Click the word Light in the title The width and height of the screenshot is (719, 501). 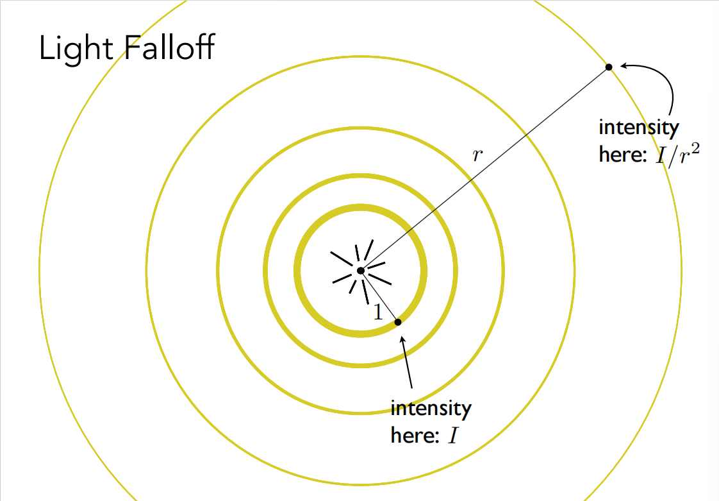pyautogui.click(x=76, y=47)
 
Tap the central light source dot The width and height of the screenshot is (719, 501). pyautogui.click(x=360, y=271)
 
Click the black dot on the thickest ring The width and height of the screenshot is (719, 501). pyautogui.click(x=398, y=323)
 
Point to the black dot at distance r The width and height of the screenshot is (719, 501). pyautogui.click(x=609, y=67)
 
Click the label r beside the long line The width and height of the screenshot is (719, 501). pyautogui.click(x=477, y=155)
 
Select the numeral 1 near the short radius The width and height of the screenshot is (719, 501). pyautogui.click(x=378, y=312)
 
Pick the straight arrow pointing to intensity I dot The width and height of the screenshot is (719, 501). pyautogui.click(x=407, y=363)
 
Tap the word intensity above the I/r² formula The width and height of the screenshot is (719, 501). pyautogui.click(x=639, y=128)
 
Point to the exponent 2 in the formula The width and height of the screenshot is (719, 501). pyautogui.click(x=695, y=149)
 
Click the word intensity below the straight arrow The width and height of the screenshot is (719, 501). pyautogui.click(x=431, y=409)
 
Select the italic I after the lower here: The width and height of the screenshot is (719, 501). pyautogui.click(x=453, y=436)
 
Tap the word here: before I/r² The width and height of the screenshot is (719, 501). pyautogui.click(x=623, y=154)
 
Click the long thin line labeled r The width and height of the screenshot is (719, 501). pyautogui.click(x=484, y=169)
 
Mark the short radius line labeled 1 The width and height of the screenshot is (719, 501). pyautogui.click(x=379, y=296)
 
